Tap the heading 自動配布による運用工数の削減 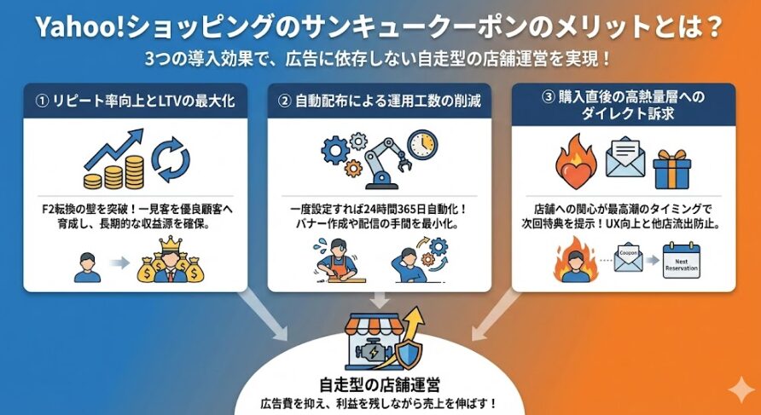click(x=380, y=101)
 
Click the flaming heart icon click(x=578, y=162)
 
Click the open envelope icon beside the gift click(x=625, y=158)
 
